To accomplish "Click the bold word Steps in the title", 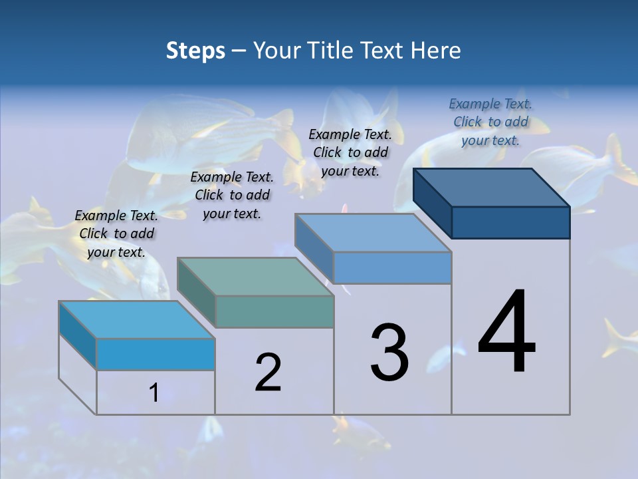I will [195, 51].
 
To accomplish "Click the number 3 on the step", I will [389, 353].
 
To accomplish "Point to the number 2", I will [268, 373].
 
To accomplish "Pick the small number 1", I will [154, 393].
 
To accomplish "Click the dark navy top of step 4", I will [492, 188].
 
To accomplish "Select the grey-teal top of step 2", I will [255, 277].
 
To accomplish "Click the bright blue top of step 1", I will [136, 320].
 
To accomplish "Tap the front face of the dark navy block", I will [510, 222].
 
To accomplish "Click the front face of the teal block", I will [274, 311].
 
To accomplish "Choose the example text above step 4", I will [490, 122].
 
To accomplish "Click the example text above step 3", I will [350, 152].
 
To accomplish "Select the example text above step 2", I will [232, 195].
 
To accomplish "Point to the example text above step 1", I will [116, 234].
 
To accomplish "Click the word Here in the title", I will [436, 51].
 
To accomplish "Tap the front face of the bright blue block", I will [156, 354].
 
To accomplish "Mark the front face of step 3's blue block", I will [392, 267].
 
